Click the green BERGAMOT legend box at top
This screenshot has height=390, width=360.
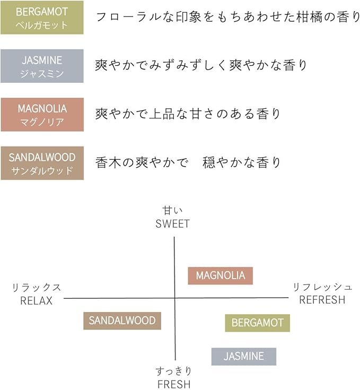pos(42,18)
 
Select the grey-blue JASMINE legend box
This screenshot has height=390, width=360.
pos(42,66)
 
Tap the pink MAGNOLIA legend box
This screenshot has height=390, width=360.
pos(42,115)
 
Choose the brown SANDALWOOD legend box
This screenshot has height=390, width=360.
pos(42,163)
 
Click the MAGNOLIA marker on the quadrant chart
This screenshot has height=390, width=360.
pos(220,276)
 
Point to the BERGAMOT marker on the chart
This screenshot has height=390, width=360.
pos(257,323)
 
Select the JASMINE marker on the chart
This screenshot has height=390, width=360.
pos(243,357)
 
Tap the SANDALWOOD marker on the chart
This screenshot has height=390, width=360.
pos(122,320)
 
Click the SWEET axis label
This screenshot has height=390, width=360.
pos(172,224)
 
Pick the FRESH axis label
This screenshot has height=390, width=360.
pos(174,384)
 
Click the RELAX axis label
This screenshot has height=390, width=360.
pos(37,300)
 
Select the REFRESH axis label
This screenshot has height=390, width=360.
pos(322,300)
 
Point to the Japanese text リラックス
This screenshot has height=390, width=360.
pos(37,288)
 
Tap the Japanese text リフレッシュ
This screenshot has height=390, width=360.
pos(322,287)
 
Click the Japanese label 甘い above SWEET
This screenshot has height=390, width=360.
pos(172,211)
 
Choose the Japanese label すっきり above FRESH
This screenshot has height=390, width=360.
pos(174,371)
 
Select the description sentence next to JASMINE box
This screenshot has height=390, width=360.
pos(201,66)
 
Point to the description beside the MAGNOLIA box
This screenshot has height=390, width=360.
pos(188,114)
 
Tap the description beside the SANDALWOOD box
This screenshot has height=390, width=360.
pos(188,163)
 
